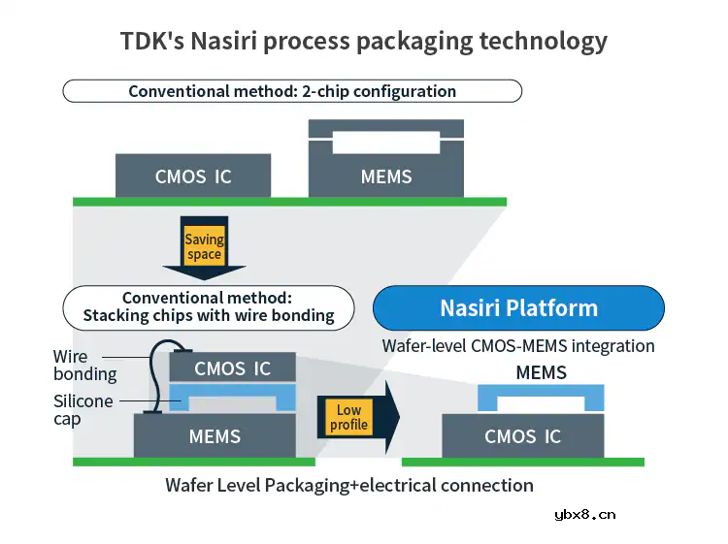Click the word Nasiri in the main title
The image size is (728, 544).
pyautogui.click(x=226, y=42)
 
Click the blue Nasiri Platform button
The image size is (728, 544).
pyautogui.click(x=518, y=308)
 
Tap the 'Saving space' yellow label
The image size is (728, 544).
pyautogui.click(x=204, y=246)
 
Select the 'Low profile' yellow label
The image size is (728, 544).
pyautogui.click(x=348, y=418)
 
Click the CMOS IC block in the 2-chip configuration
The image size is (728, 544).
pyautogui.click(x=193, y=176)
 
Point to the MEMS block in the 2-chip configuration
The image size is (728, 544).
pyautogui.click(x=385, y=176)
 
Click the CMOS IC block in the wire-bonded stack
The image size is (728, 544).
pyautogui.click(x=233, y=368)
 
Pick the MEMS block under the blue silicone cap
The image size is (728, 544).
pyautogui.click(x=215, y=436)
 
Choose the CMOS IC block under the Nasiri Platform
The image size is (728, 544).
pyautogui.click(x=522, y=436)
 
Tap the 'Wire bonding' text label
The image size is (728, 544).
pyautogui.click(x=84, y=366)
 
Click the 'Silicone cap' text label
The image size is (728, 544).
pyautogui.click(x=83, y=410)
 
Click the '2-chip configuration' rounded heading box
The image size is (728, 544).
pyautogui.click(x=292, y=91)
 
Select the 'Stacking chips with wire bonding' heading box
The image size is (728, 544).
pyautogui.click(x=209, y=306)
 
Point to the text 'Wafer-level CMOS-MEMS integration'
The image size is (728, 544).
pyautogui.click(x=518, y=345)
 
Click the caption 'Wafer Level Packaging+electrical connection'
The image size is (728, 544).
pyautogui.click(x=349, y=485)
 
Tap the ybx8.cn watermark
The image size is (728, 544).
pyautogui.click(x=584, y=515)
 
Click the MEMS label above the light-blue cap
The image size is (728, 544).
pyautogui.click(x=541, y=372)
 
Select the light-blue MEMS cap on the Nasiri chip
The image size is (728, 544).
pyautogui.click(x=541, y=392)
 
